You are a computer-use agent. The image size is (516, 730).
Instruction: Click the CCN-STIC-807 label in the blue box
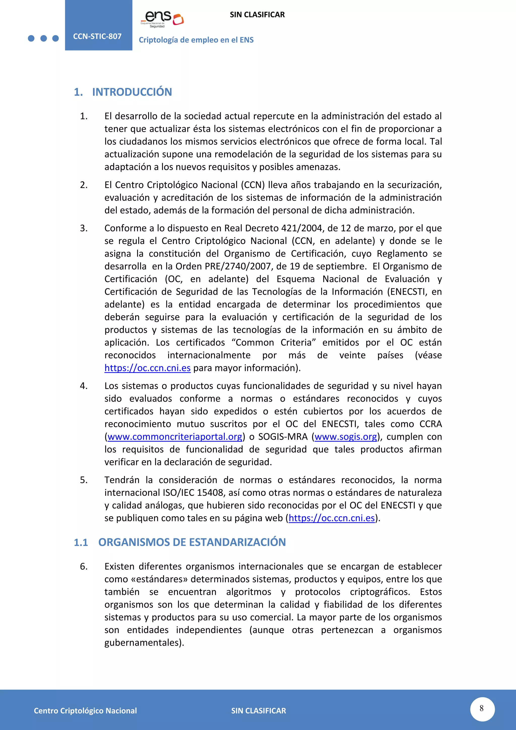(x=97, y=36)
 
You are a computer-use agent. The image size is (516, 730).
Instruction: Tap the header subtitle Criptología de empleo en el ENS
(x=196, y=40)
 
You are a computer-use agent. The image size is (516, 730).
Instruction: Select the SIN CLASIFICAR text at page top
(x=257, y=15)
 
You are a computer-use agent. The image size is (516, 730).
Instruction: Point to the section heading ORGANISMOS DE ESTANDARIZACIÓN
(x=192, y=542)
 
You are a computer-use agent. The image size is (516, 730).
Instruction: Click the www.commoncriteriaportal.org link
(x=175, y=437)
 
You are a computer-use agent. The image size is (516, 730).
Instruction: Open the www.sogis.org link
(x=346, y=437)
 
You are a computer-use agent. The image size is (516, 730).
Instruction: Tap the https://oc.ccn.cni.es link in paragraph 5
(x=332, y=518)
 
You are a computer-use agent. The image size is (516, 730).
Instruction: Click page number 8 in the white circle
(x=482, y=708)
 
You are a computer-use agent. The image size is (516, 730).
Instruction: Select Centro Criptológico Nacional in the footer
(x=85, y=711)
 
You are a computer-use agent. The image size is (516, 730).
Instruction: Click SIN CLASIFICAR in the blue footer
(x=258, y=711)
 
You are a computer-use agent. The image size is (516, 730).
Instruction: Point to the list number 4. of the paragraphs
(x=84, y=386)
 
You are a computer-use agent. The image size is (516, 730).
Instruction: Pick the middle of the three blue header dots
(x=44, y=39)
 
